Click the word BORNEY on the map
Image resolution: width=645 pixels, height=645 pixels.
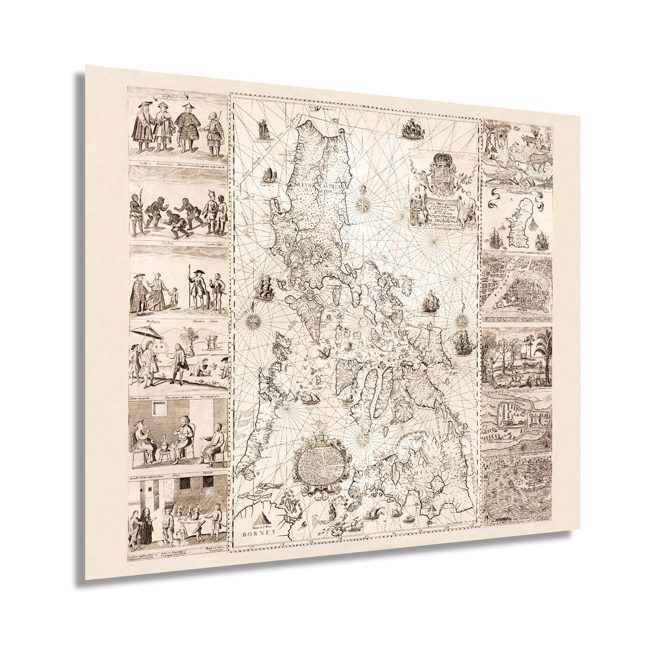[x=258, y=535]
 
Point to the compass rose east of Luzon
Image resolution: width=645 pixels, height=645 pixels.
[x=363, y=204]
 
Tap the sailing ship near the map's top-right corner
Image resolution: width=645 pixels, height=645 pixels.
[x=413, y=128]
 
